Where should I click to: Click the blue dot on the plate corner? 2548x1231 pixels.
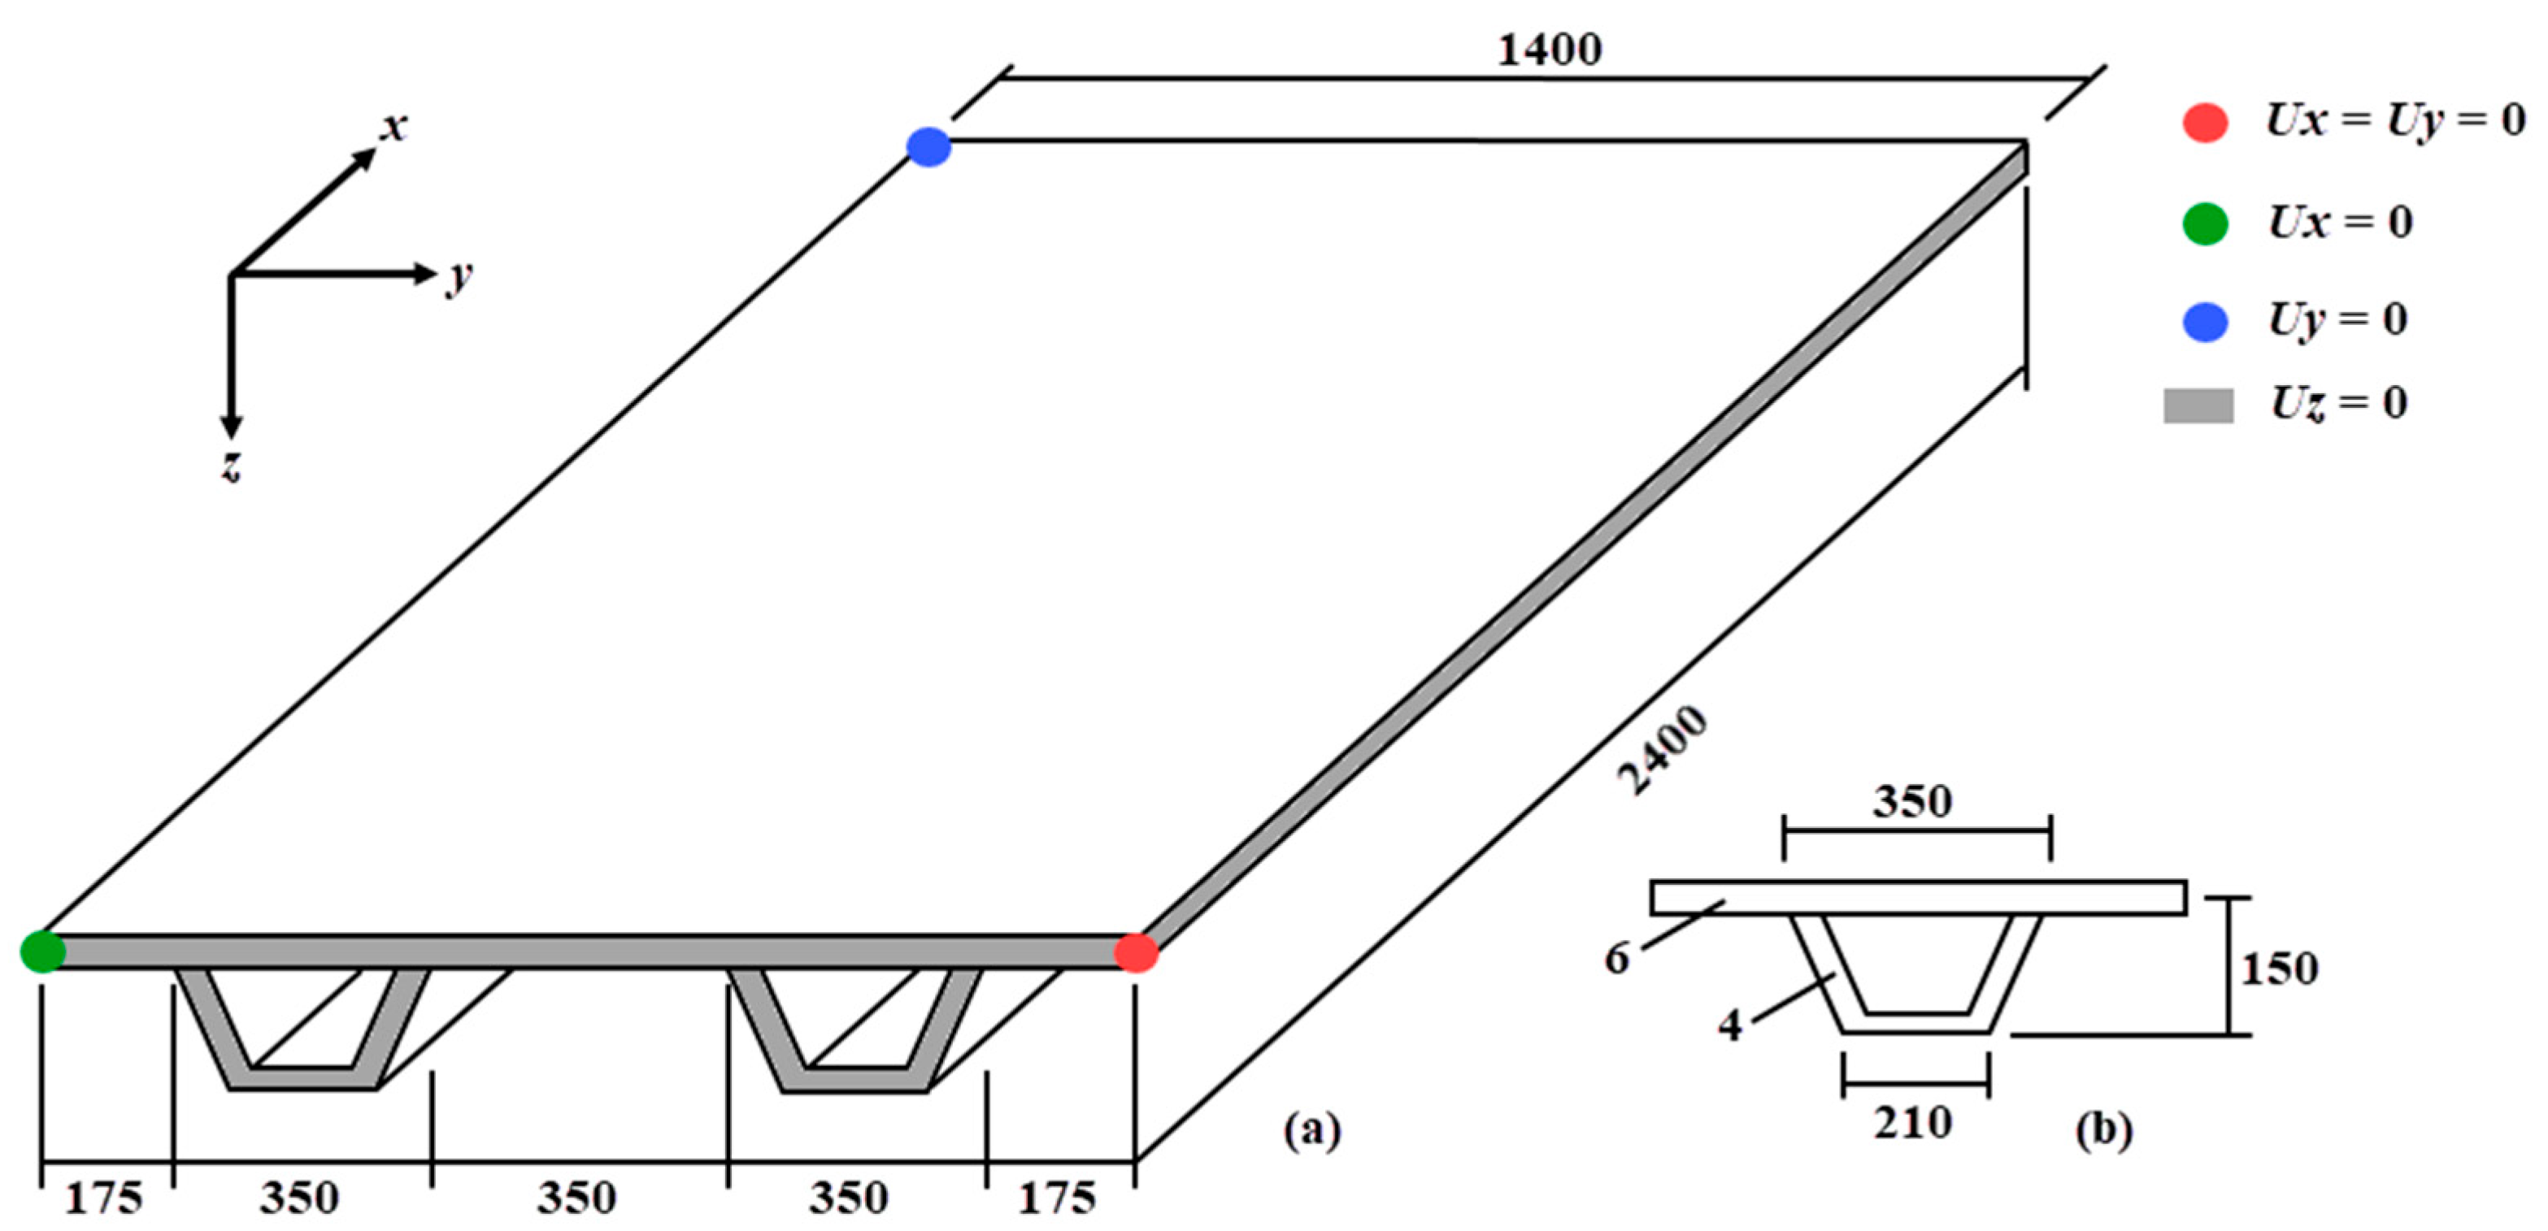coord(928,147)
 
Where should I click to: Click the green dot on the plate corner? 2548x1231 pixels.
coord(42,951)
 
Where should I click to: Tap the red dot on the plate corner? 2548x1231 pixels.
coord(1136,953)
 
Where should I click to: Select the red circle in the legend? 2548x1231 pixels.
coord(2205,123)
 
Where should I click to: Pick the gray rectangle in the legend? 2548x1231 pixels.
coord(2198,405)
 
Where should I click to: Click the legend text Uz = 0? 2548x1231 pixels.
coord(2339,403)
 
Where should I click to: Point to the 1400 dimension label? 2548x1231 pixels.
coord(1549,50)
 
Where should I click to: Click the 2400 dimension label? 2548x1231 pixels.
coord(1662,751)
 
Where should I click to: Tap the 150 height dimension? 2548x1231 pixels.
coord(2279,968)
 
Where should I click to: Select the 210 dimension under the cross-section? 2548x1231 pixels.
coord(1913,1123)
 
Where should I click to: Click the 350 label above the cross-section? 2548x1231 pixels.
coord(1912,801)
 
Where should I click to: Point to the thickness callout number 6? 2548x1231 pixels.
coord(1616,957)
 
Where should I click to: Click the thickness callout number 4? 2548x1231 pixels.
coord(1730,1025)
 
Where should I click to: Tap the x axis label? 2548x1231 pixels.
coord(394,127)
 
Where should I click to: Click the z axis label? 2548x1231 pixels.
coord(230,465)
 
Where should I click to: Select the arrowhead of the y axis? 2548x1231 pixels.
coord(424,274)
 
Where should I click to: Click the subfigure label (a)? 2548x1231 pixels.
coord(1311,1128)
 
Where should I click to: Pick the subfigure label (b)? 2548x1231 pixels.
coord(2103,1128)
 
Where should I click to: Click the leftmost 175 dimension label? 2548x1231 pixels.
coord(103,1198)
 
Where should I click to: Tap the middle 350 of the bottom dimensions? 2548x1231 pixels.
coord(576,1198)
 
